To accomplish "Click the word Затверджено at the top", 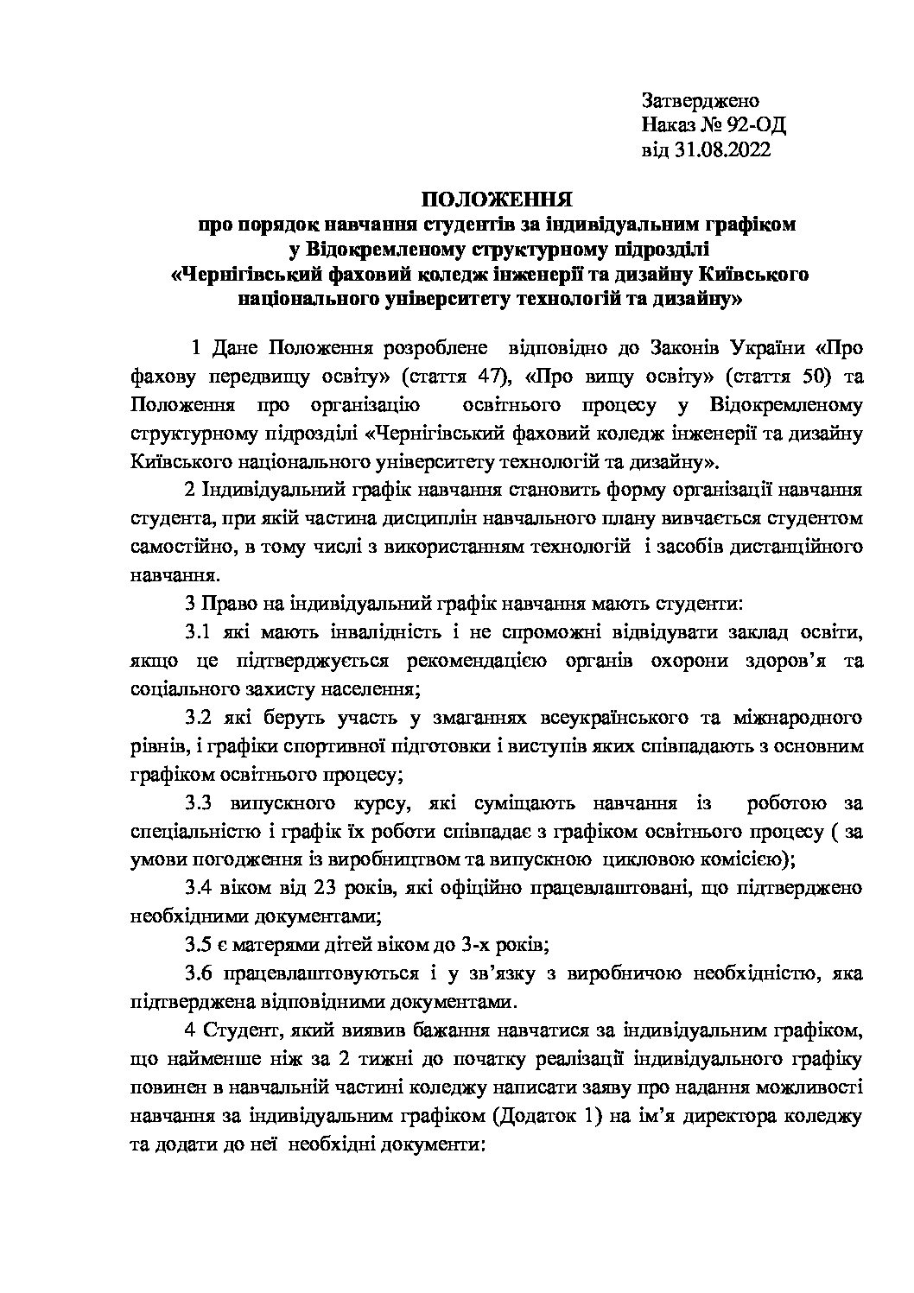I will click(x=700, y=101).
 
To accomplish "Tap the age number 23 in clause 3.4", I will click(x=321, y=889).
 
